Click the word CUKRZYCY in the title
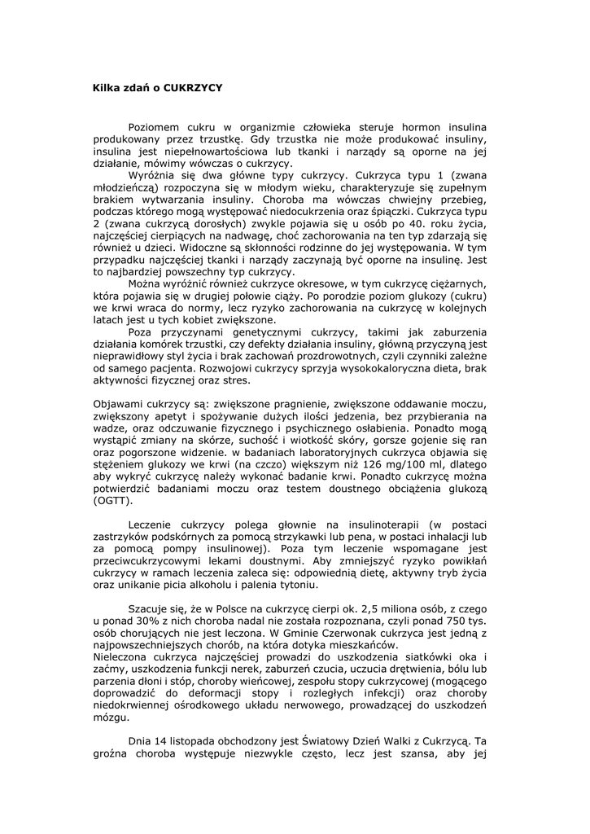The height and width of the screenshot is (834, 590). tap(193, 86)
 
